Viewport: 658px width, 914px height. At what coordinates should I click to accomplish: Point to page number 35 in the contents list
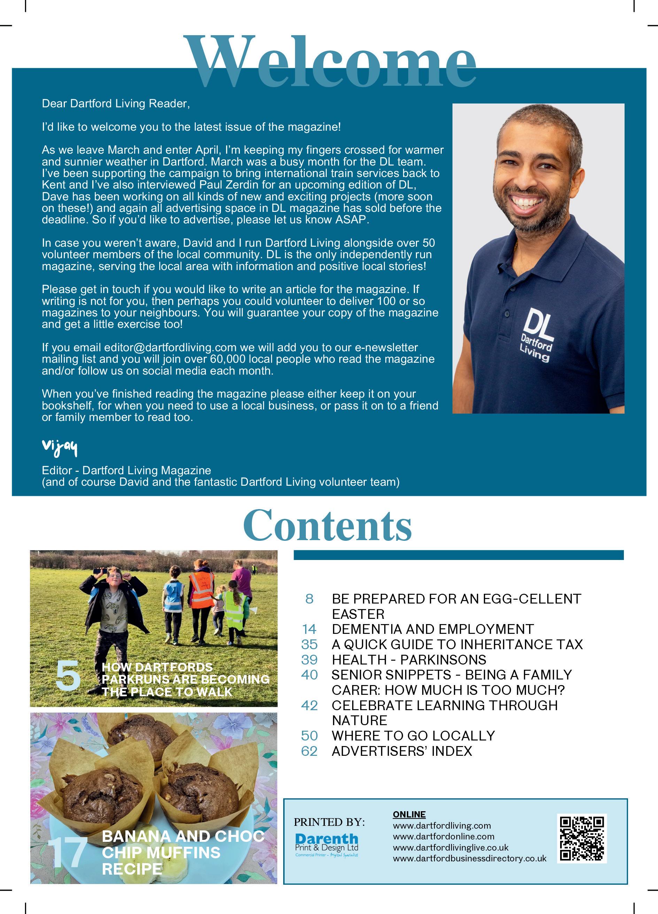[x=309, y=644]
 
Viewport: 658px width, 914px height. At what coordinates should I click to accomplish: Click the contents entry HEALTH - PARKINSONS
[x=409, y=660]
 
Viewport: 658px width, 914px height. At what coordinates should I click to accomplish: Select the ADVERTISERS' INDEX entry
[x=402, y=751]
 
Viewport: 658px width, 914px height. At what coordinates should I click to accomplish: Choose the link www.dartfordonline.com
[x=443, y=836]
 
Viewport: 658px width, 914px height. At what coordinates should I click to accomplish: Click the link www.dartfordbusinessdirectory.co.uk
[x=470, y=858]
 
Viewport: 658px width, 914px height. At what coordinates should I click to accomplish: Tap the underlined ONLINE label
[x=409, y=814]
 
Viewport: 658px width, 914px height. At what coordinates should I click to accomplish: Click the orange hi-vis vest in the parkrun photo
[x=201, y=590]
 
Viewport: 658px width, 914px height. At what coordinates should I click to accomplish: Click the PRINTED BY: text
[x=329, y=821]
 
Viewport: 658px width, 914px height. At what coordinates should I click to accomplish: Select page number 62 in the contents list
[x=309, y=751]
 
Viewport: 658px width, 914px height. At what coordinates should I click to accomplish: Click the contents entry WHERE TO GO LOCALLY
[x=413, y=736]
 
